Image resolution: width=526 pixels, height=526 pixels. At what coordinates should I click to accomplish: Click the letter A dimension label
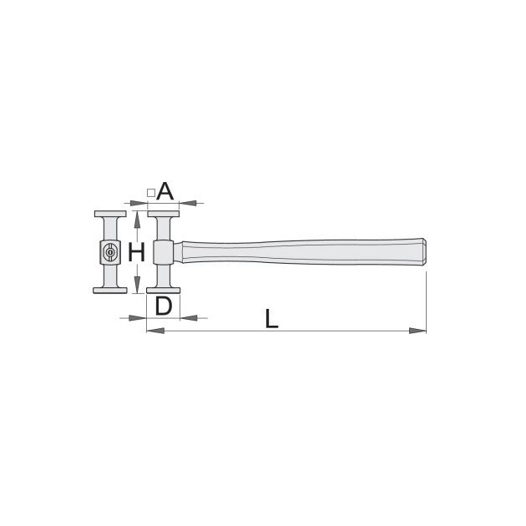(165, 191)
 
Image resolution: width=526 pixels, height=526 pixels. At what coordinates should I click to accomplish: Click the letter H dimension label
(137, 252)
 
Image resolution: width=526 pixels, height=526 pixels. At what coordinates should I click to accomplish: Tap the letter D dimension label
(164, 306)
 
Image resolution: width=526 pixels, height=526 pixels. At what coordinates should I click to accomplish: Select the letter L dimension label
(271, 319)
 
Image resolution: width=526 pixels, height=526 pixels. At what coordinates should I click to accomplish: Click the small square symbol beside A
(151, 193)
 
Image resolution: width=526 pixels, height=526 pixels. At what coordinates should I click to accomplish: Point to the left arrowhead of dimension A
(139, 203)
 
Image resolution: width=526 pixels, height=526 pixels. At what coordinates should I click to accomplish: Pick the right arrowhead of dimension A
(188, 203)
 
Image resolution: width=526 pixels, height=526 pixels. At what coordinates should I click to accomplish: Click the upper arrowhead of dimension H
(137, 220)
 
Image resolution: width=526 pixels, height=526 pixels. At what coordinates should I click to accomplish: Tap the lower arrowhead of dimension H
(137, 285)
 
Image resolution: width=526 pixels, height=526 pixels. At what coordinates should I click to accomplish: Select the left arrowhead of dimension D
(138, 317)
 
